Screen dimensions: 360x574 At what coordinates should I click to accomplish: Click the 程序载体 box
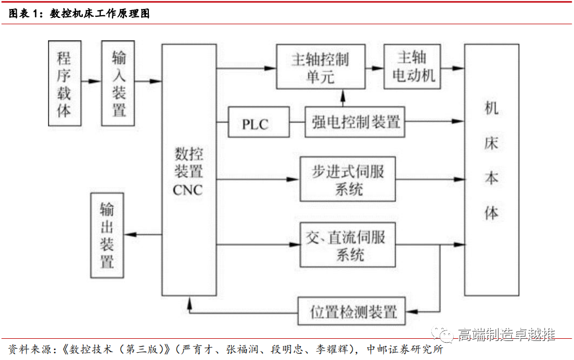pos(65,83)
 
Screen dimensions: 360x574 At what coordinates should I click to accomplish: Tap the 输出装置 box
pos(107,235)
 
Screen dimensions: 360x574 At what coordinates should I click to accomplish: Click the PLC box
pos(255,123)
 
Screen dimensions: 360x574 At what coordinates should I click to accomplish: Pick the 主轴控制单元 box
pos(321,68)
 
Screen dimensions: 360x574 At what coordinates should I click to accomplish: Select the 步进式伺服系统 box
pos(347,179)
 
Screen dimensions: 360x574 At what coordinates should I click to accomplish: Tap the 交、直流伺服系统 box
pos(347,245)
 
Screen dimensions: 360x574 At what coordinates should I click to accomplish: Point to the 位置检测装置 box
pos(354,311)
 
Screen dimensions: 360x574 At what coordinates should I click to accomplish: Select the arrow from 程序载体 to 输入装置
pos(91,82)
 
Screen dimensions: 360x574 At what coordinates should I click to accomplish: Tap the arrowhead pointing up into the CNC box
pos(190,302)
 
